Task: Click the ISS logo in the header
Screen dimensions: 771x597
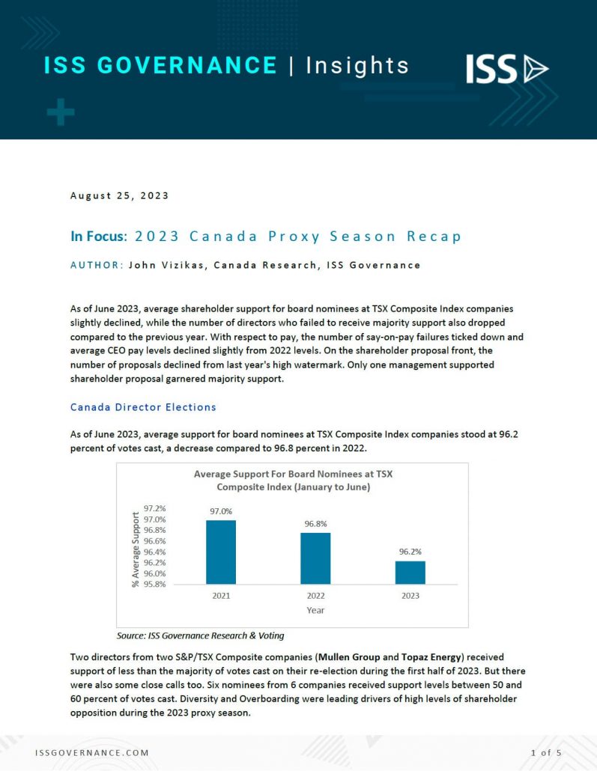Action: point(507,69)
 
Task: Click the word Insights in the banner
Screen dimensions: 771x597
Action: point(358,66)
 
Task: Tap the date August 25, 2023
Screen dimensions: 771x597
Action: point(119,196)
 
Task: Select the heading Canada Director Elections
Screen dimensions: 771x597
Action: point(143,407)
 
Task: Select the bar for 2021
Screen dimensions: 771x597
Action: point(221,552)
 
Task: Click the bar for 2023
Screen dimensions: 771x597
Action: point(410,572)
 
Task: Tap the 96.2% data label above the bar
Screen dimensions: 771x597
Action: point(410,551)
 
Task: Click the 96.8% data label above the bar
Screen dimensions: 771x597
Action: point(315,523)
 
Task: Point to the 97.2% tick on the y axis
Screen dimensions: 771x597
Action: point(154,509)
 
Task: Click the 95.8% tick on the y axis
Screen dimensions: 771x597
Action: point(154,584)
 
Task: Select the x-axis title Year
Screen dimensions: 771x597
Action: point(315,610)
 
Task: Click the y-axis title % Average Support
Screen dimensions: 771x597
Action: point(136,549)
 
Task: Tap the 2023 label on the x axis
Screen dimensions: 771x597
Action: point(410,596)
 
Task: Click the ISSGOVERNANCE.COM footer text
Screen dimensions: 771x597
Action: point(92,752)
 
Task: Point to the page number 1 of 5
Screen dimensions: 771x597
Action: point(546,752)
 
